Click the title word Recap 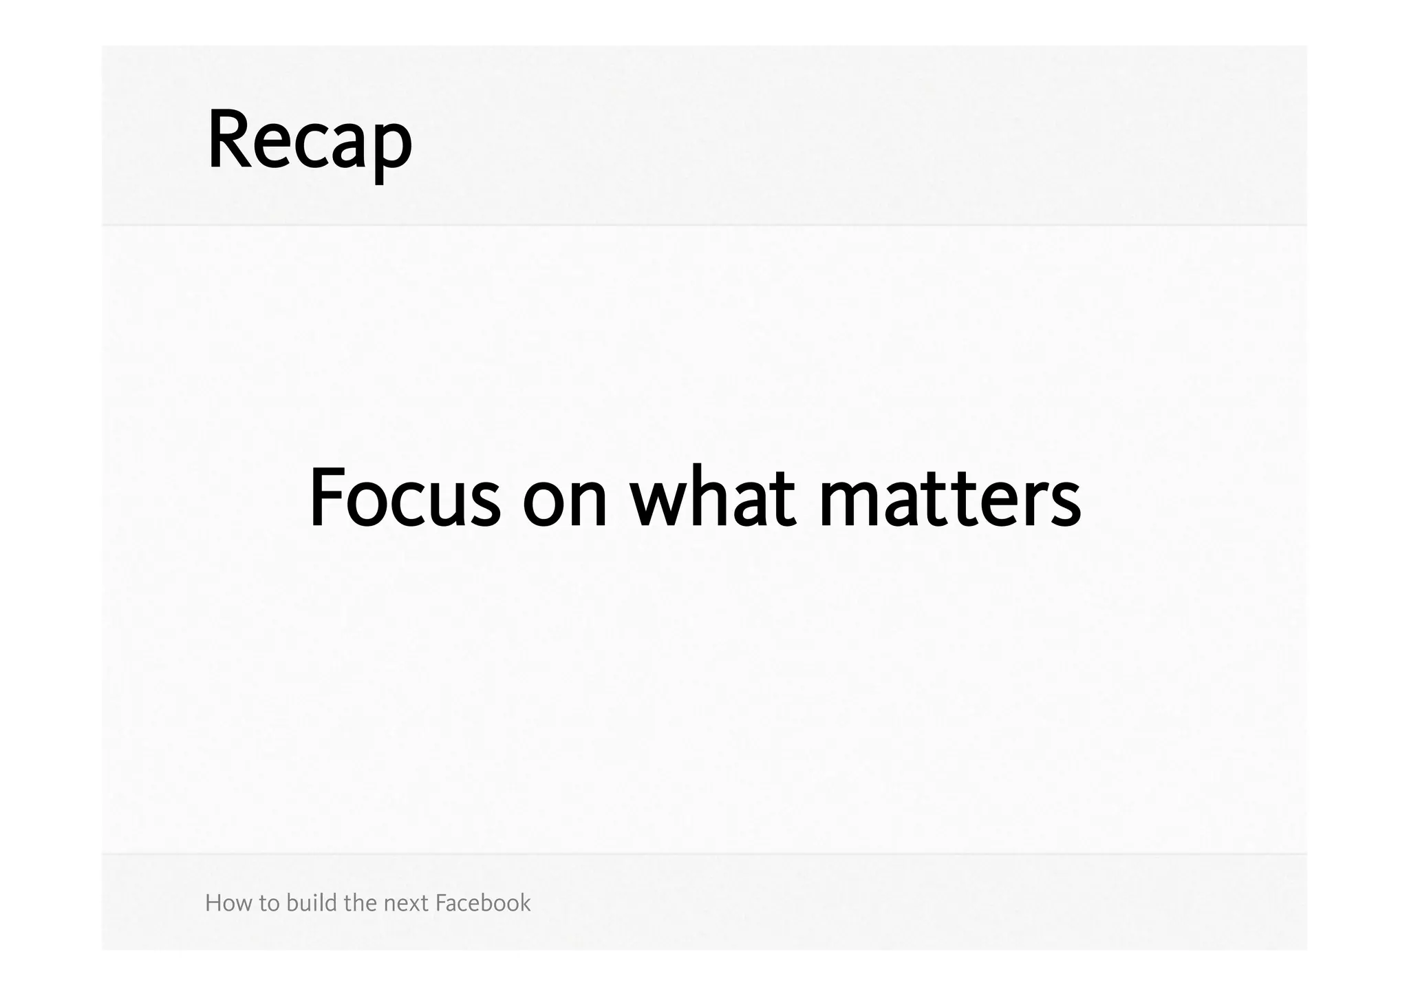pyautogui.click(x=310, y=141)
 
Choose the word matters pyautogui.click(x=950, y=498)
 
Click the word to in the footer pyautogui.click(x=270, y=904)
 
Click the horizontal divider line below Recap pyautogui.click(x=704, y=225)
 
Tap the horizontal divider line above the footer pyautogui.click(x=704, y=854)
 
